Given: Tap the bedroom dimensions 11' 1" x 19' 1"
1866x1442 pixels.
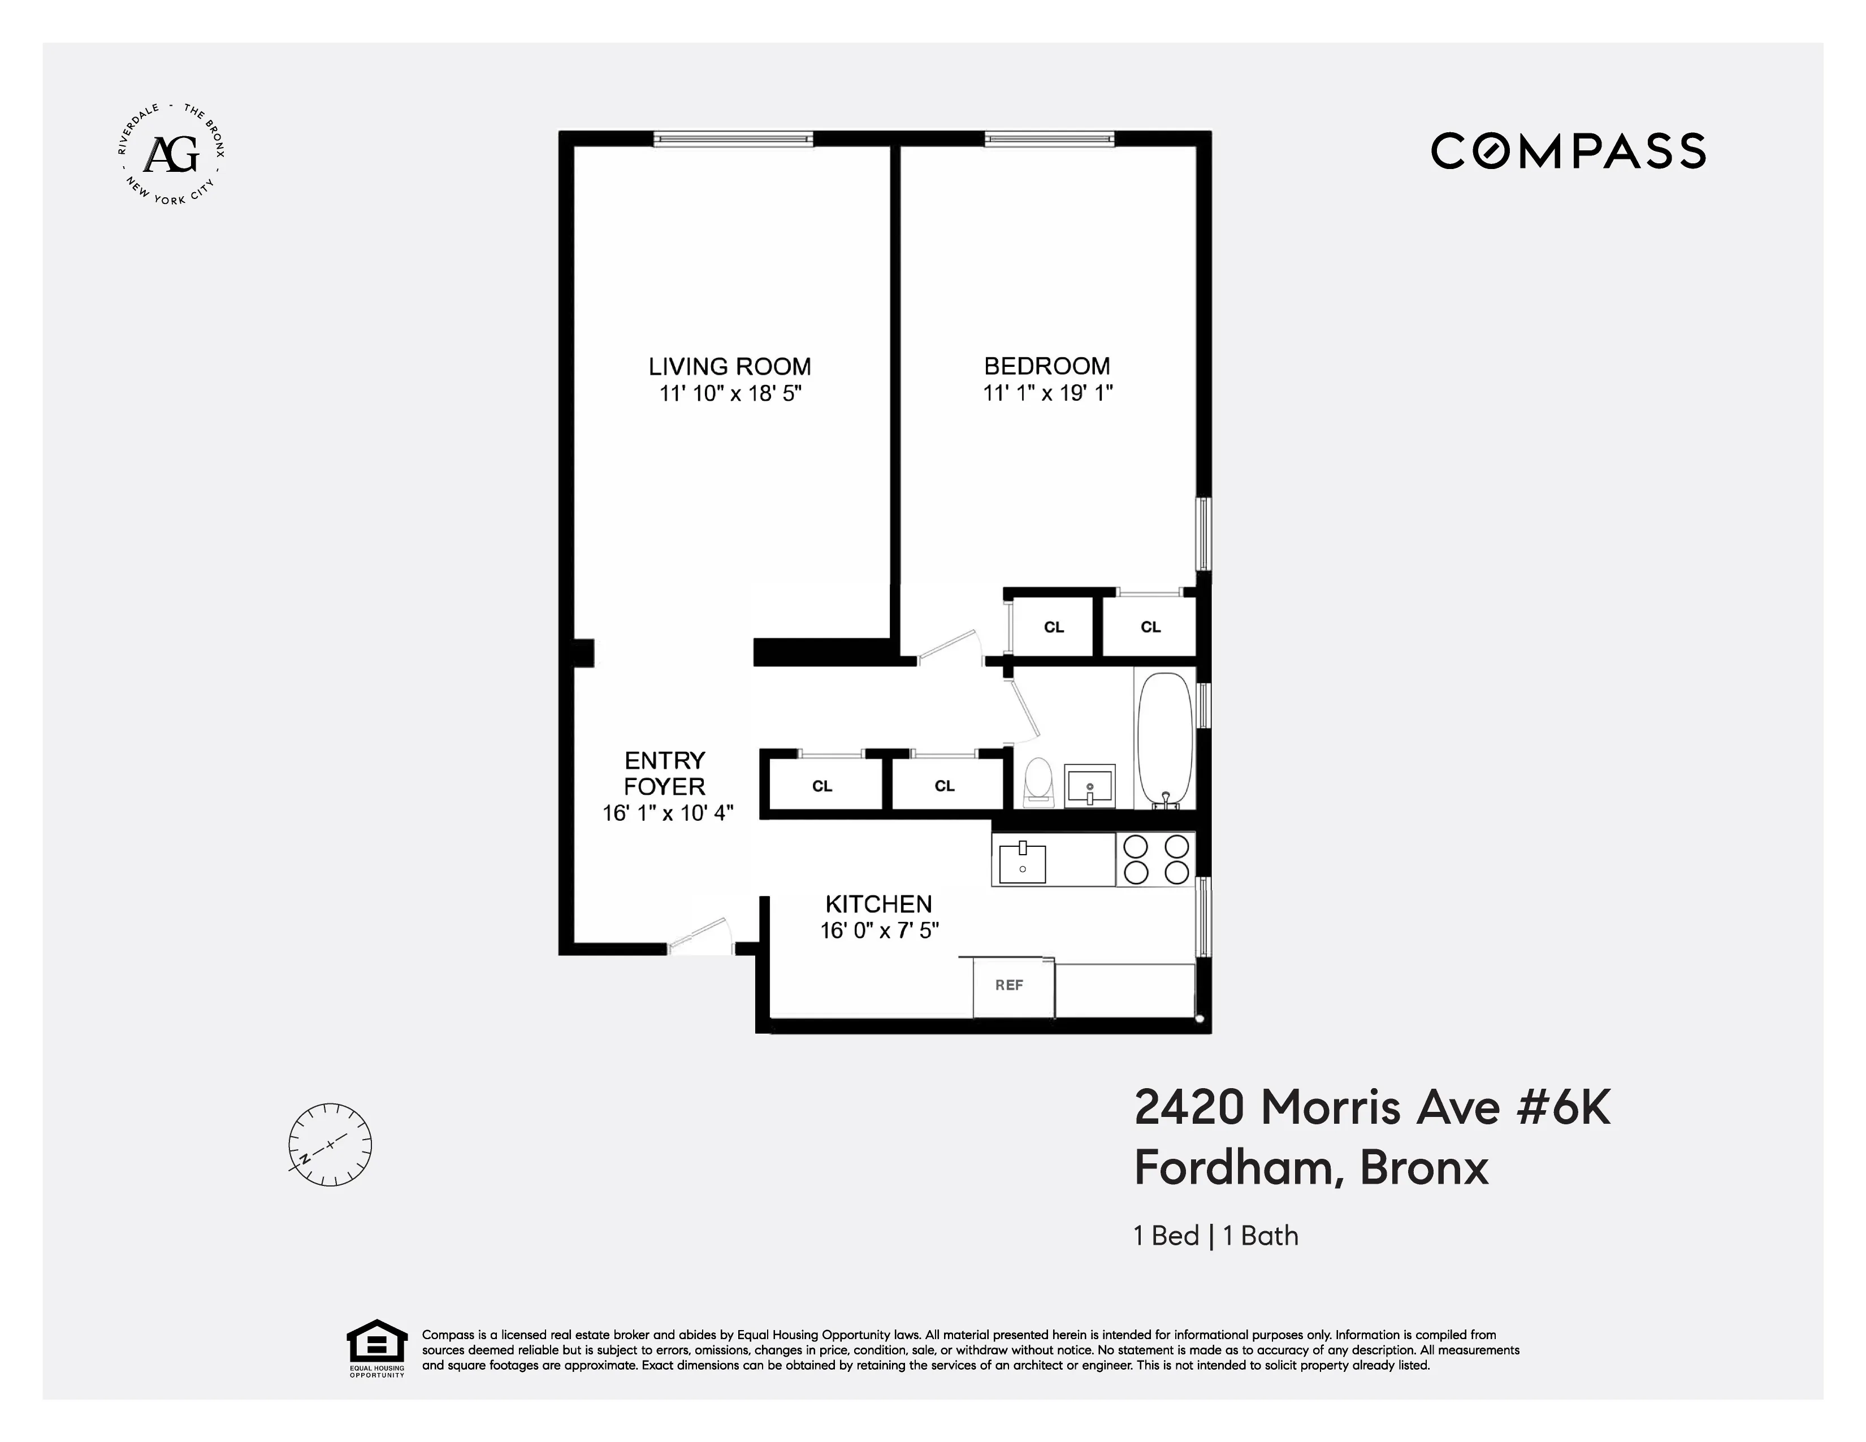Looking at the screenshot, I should click(1047, 393).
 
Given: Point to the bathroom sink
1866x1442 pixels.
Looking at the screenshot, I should click(1089, 786).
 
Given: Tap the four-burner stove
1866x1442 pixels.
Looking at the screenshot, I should click(1155, 859).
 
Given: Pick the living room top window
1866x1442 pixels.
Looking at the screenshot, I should click(733, 138).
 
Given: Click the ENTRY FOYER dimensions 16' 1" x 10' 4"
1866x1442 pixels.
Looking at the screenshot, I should click(667, 813).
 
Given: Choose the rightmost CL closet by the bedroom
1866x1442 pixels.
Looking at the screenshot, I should click(1150, 627).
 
